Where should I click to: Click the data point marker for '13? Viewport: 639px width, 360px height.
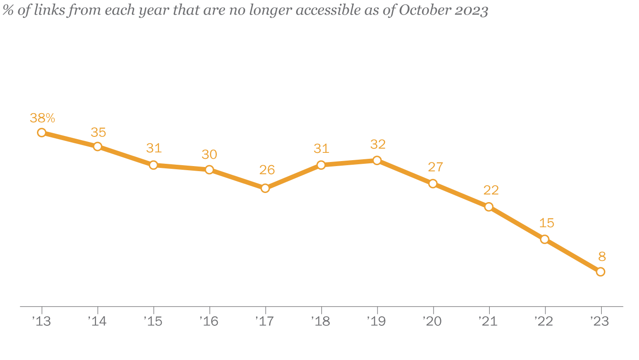pyautogui.click(x=42, y=133)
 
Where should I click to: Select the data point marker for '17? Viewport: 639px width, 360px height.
pyautogui.click(x=265, y=188)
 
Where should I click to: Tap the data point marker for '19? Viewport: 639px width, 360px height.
pyautogui.click(x=377, y=160)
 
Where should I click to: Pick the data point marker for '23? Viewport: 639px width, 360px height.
pyautogui.click(x=601, y=271)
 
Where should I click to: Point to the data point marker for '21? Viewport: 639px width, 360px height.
pyautogui.click(x=489, y=207)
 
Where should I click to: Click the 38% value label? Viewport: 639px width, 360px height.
pyautogui.click(x=42, y=118)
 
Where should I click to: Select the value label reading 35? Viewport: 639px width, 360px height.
pyautogui.click(x=98, y=132)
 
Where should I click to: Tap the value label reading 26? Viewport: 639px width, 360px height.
pyautogui.click(x=267, y=170)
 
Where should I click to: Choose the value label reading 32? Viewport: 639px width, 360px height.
pyautogui.click(x=378, y=145)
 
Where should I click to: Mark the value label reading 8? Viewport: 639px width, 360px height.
pyautogui.click(x=602, y=256)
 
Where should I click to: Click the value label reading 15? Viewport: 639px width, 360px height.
pyautogui.click(x=546, y=223)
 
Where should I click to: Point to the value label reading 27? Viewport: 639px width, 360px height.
pyautogui.click(x=435, y=167)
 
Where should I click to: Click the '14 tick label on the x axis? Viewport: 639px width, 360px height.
pyautogui.click(x=97, y=321)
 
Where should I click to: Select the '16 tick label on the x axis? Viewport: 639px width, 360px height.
pyautogui.click(x=209, y=321)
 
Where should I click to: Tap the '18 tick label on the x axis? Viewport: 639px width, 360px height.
pyautogui.click(x=320, y=321)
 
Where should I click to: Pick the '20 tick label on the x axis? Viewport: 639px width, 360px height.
pyautogui.click(x=432, y=321)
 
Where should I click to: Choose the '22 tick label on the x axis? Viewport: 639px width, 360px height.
pyautogui.click(x=544, y=321)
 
